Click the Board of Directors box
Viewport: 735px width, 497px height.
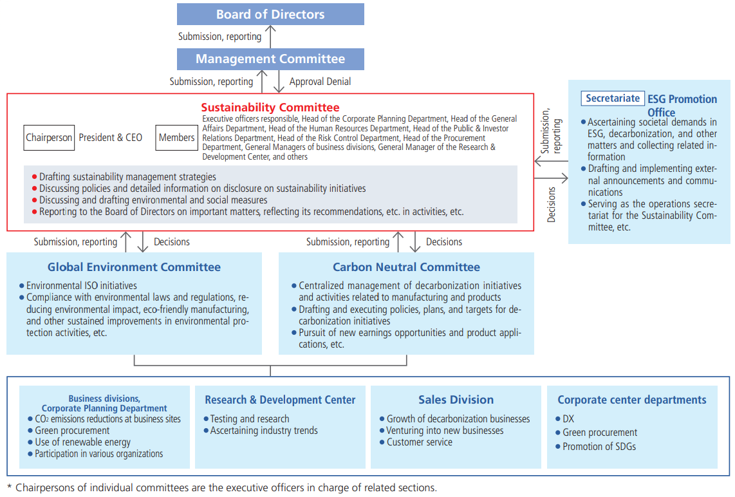tap(270, 14)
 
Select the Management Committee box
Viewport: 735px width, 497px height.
tap(270, 59)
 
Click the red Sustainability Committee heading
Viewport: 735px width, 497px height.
tap(270, 108)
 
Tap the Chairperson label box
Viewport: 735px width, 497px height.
tap(49, 138)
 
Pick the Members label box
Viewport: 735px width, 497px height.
tap(176, 138)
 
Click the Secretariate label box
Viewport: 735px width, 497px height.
tap(613, 98)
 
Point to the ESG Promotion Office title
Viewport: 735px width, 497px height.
tap(682, 106)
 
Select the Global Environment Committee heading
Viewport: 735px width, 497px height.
tap(134, 267)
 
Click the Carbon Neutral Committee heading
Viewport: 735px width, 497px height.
tap(406, 267)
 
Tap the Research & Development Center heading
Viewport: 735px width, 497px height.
tap(280, 400)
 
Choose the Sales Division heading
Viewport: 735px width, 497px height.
tap(456, 400)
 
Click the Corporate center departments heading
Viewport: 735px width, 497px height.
tap(632, 400)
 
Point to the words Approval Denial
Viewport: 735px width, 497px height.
tap(320, 82)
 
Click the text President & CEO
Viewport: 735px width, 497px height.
tap(110, 138)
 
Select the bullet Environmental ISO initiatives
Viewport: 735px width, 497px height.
tap(81, 285)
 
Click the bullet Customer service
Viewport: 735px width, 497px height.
tap(419, 442)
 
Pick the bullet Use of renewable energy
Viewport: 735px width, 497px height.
tap(82, 442)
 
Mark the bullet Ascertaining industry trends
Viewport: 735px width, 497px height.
tap(264, 431)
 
